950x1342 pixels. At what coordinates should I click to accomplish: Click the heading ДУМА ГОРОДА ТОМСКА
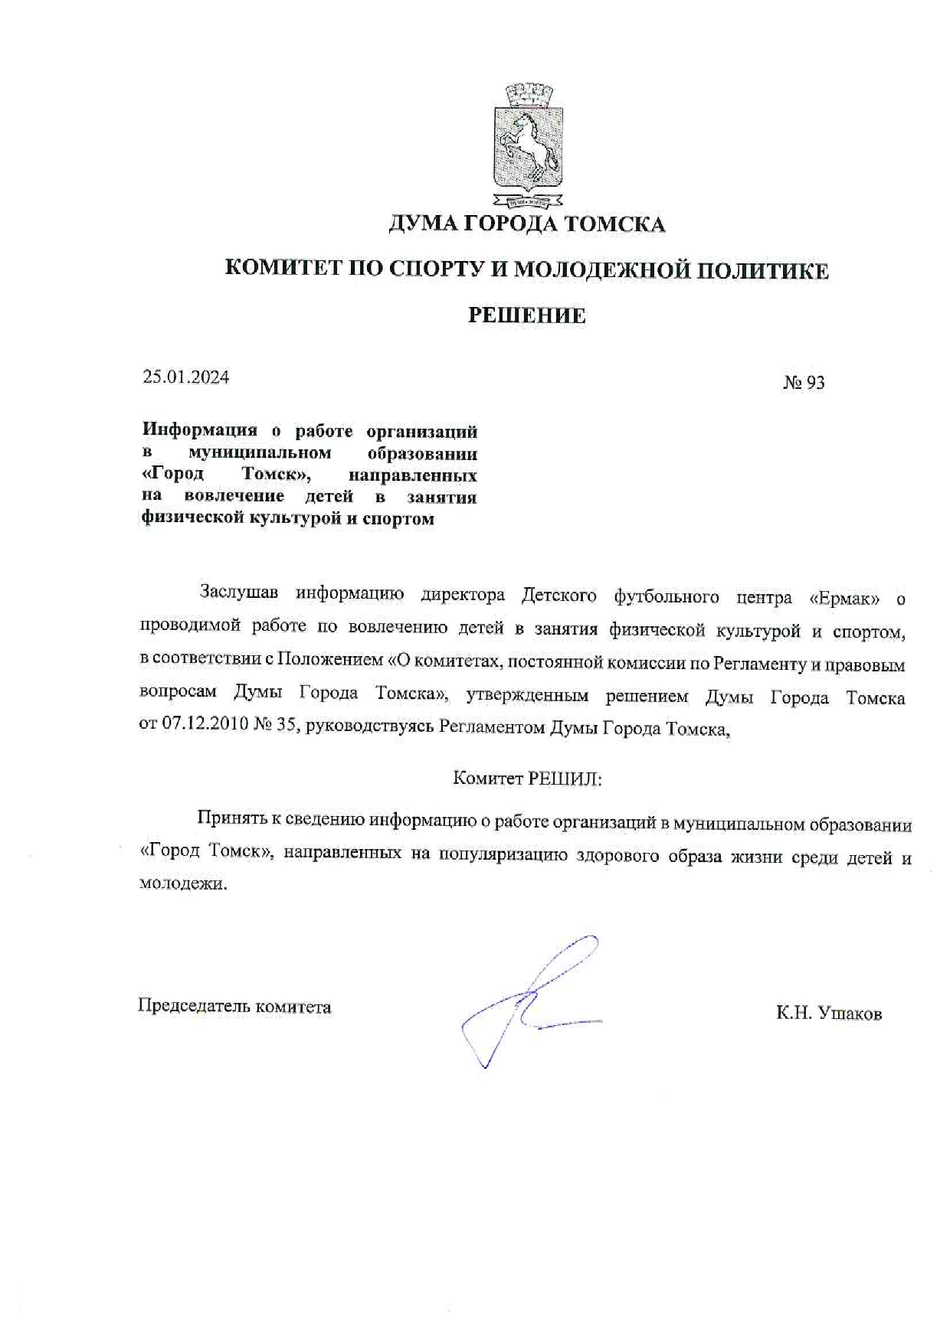(x=526, y=224)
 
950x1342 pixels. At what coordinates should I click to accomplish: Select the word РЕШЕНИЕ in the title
(x=526, y=315)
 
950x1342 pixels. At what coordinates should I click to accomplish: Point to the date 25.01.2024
(x=185, y=377)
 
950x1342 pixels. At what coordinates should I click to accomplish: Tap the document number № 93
(x=803, y=382)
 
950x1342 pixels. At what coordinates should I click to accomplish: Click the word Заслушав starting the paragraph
(x=238, y=593)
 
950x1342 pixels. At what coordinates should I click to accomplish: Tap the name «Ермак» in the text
(x=844, y=598)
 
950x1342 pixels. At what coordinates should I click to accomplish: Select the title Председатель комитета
(x=234, y=1006)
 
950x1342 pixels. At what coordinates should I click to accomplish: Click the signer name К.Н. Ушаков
(x=828, y=1014)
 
